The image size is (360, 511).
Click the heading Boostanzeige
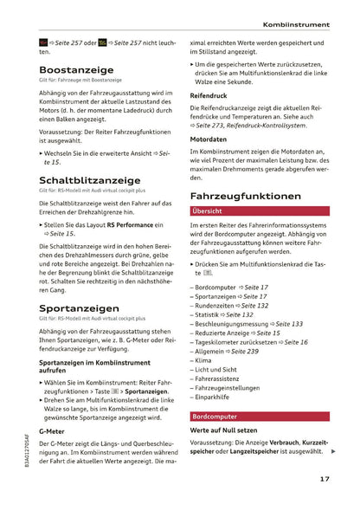[x=80, y=74]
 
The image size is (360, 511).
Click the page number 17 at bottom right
[x=323, y=479]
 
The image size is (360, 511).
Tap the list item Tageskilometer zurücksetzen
[x=251, y=342]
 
